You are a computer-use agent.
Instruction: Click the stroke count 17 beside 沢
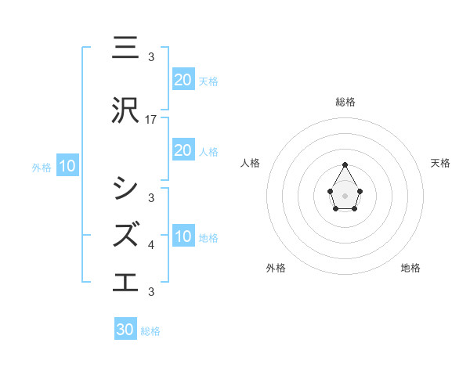(151, 120)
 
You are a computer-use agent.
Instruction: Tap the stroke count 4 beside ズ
(151, 245)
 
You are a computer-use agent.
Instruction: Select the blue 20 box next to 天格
(183, 79)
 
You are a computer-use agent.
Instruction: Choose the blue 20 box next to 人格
(183, 150)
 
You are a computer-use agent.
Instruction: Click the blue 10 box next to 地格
(183, 236)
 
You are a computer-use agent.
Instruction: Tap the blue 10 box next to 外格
(67, 166)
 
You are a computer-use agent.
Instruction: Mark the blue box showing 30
(125, 330)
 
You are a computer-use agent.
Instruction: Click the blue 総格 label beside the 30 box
(150, 331)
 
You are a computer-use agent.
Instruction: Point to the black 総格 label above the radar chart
(345, 102)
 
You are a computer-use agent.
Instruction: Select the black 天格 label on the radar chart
(441, 163)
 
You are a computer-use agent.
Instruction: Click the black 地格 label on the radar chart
(410, 268)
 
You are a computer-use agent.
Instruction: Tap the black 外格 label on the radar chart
(276, 268)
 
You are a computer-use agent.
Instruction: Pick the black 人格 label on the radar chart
(251, 163)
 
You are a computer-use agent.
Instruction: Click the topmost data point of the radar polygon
(345, 164)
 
